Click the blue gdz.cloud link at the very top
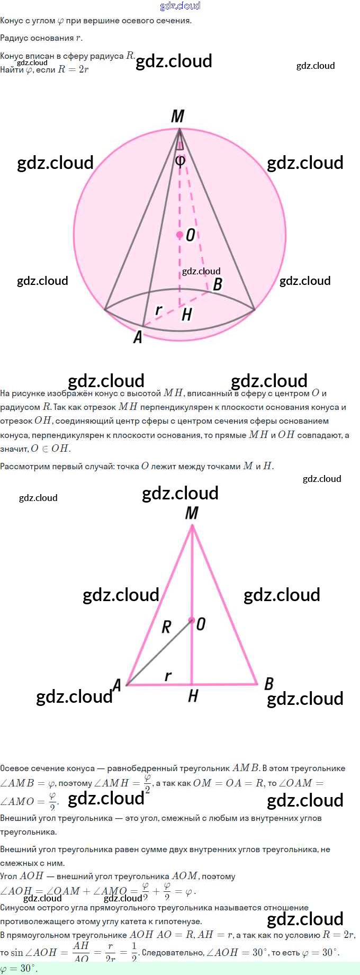180,6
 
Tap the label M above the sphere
178,117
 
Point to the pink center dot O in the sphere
180,234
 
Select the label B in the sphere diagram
217,284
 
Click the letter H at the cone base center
186,315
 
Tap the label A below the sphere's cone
138,337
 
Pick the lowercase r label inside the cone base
158,309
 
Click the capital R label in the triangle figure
166,627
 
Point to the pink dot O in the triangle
192,620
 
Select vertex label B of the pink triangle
269,684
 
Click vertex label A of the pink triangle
117,685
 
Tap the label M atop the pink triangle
192,513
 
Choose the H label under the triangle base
193,696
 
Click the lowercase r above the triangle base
168,676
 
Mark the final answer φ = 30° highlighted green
19,969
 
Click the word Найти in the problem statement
12,70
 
